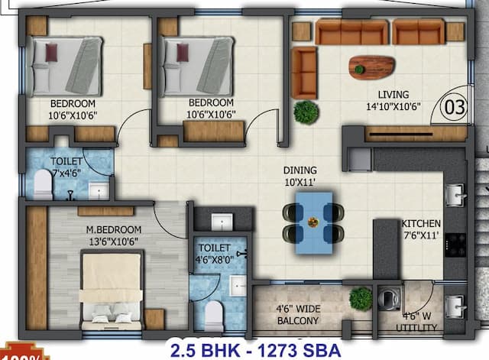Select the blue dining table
[x=313, y=217]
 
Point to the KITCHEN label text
[x=422, y=224]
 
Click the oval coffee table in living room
[x=371, y=66]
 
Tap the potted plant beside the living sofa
[x=306, y=112]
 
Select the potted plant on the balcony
[x=361, y=298]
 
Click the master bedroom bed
[x=112, y=290]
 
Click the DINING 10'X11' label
[x=300, y=176]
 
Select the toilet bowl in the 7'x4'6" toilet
[x=43, y=184]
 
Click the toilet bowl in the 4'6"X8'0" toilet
[x=213, y=313]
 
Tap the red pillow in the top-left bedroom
[x=51, y=53]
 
